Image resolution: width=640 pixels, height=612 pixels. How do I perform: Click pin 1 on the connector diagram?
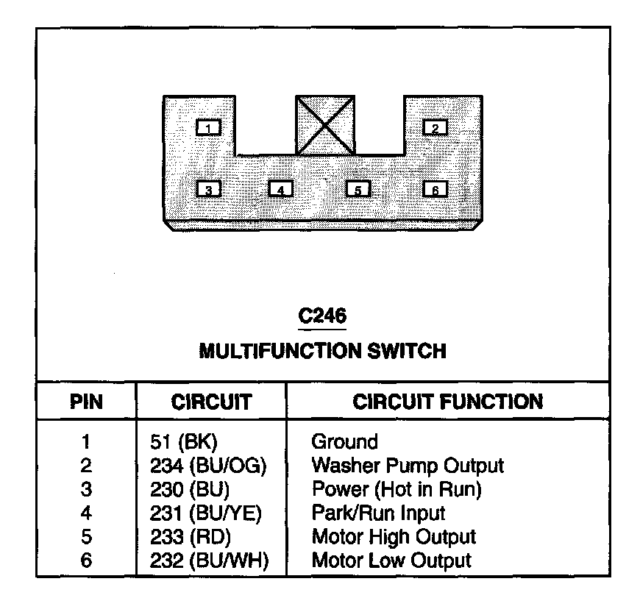coord(209,128)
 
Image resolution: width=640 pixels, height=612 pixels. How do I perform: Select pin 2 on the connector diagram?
coord(435,128)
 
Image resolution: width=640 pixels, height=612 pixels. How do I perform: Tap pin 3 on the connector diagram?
coord(209,189)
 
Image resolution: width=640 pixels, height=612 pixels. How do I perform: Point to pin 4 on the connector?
coord(280,189)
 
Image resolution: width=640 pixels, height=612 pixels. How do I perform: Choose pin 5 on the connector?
coord(358,189)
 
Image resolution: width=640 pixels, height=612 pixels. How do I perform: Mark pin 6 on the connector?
coord(435,189)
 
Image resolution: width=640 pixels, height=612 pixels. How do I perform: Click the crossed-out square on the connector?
coord(325,125)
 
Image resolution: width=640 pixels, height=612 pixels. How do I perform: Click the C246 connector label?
coord(322,316)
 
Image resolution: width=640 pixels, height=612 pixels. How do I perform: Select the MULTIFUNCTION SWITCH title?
coord(322,351)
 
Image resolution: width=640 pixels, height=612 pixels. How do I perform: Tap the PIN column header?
coord(86,402)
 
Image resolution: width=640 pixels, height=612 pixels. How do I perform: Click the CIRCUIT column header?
coord(211,402)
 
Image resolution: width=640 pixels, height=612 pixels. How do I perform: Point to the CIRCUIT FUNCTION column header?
coord(447,402)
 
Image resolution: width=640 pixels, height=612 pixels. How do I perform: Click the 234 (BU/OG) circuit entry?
coord(207,466)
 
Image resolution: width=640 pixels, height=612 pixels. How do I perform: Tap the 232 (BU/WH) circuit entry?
coord(208,561)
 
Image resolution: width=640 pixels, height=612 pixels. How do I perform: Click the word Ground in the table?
coord(344,443)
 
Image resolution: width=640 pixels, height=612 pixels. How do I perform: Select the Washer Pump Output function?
coord(408,466)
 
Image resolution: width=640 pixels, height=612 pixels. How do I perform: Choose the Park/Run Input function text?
coord(378,513)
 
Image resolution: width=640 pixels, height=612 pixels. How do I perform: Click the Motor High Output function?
coord(394,538)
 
